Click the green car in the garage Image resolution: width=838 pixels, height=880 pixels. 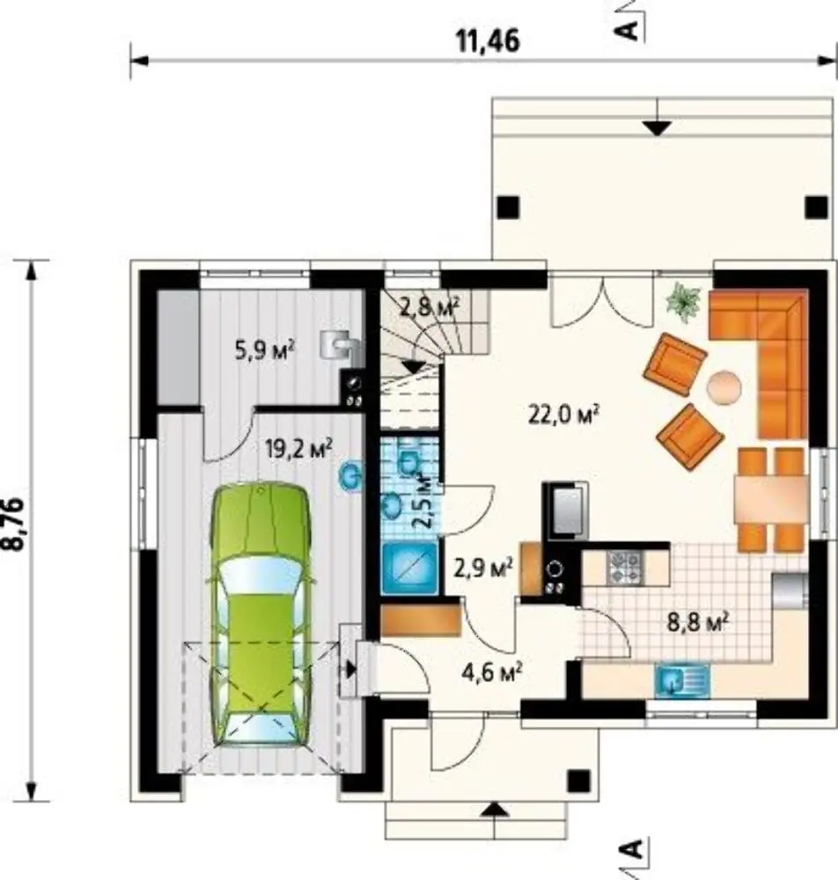[260, 614]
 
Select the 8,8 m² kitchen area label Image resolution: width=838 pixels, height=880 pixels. [698, 621]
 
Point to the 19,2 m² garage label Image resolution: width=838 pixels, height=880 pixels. [298, 449]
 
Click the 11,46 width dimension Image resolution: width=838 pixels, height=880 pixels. [488, 41]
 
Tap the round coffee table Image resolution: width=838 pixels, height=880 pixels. [724, 386]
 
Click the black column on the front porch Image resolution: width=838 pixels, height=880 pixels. [578, 781]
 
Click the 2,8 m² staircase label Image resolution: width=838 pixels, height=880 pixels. [430, 306]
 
